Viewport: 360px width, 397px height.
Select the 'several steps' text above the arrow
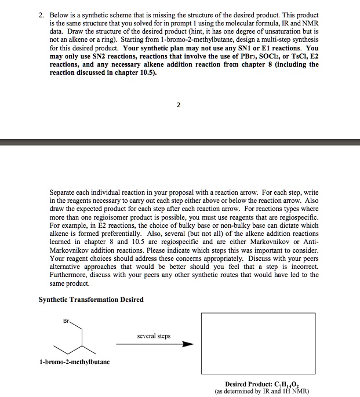point(154,336)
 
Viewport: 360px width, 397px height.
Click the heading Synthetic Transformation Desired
point(91,299)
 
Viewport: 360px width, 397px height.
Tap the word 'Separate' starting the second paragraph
point(63,192)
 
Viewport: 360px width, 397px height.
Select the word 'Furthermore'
point(70,275)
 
